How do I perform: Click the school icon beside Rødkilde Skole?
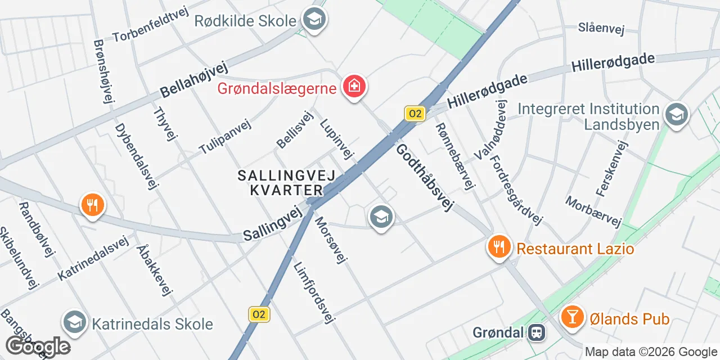314,20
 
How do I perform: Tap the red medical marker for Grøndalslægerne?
355,87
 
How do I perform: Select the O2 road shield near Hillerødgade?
415,114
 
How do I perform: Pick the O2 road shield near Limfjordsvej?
259,314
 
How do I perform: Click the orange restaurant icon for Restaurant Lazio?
498,247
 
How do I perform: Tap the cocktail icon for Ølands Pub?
573,318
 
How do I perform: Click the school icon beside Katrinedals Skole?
74,322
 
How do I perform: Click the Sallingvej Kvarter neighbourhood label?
286,183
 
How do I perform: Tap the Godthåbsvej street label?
424,178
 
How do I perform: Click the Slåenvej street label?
602,29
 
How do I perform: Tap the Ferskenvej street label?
611,168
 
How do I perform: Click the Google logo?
37,347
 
